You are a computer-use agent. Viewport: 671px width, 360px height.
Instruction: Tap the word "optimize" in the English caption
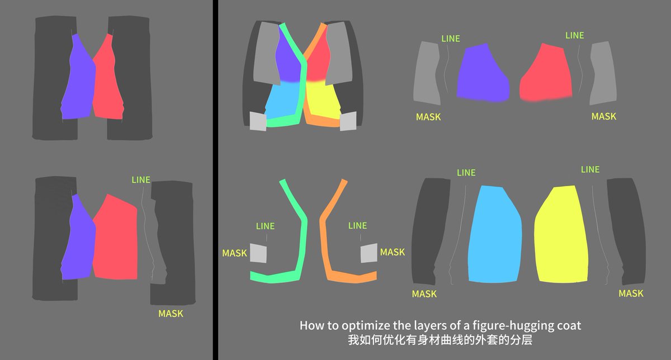(x=362, y=326)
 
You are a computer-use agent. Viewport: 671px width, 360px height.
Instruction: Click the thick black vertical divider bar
(x=215, y=180)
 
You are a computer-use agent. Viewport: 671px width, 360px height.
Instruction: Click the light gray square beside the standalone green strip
(x=258, y=253)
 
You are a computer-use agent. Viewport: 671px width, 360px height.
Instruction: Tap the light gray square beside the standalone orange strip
(x=368, y=253)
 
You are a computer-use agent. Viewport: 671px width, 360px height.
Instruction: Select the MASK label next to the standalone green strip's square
(x=234, y=253)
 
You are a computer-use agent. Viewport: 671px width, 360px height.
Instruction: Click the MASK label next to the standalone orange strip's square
(x=393, y=252)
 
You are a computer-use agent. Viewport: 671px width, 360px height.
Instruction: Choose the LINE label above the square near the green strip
(x=266, y=226)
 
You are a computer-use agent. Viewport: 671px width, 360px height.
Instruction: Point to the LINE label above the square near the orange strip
(x=358, y=225)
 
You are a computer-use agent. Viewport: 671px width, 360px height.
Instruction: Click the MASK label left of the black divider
(x=171, y=314)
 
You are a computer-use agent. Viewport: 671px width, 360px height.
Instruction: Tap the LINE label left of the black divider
(x=141, y=179)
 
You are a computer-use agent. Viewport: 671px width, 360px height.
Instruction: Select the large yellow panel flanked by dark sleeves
(x=561, y=235)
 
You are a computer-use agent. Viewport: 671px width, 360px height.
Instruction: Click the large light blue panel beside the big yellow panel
(x=495, y=235)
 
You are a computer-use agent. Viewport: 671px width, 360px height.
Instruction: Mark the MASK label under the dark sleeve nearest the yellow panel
(x=631, y=293)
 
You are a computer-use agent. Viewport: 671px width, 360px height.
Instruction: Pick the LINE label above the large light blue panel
(x=466, y=173)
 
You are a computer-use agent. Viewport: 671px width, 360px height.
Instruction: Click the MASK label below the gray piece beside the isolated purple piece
(x=428, y=117)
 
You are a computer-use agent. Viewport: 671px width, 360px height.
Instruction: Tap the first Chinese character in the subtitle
(x=353, y=340)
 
